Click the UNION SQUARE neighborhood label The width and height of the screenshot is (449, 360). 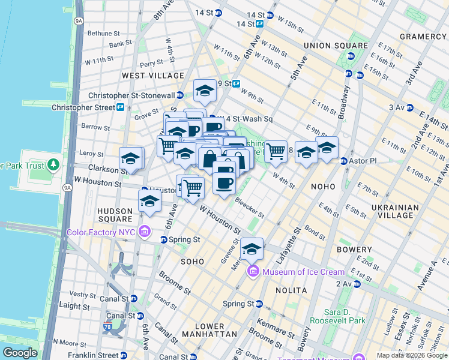tap(336, 46)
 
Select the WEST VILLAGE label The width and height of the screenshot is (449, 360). tap(153, 76)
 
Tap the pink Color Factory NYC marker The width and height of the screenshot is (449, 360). tap(145, 232)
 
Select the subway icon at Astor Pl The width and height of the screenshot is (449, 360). tap(344, 161)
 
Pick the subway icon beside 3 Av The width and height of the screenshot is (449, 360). tap(410, 107)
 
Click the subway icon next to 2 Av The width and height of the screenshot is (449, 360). tap(357, 284)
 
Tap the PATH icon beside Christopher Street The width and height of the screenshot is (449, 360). tap(121, 107)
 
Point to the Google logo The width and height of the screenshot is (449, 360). tap(20, 353)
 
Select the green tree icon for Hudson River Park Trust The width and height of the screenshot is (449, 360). tap(53, 164)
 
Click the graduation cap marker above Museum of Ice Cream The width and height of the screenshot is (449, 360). tap(252, 248)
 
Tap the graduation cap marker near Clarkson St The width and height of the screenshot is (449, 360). tap(130, 159)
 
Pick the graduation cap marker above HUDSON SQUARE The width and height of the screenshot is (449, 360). tap(149, 201)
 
